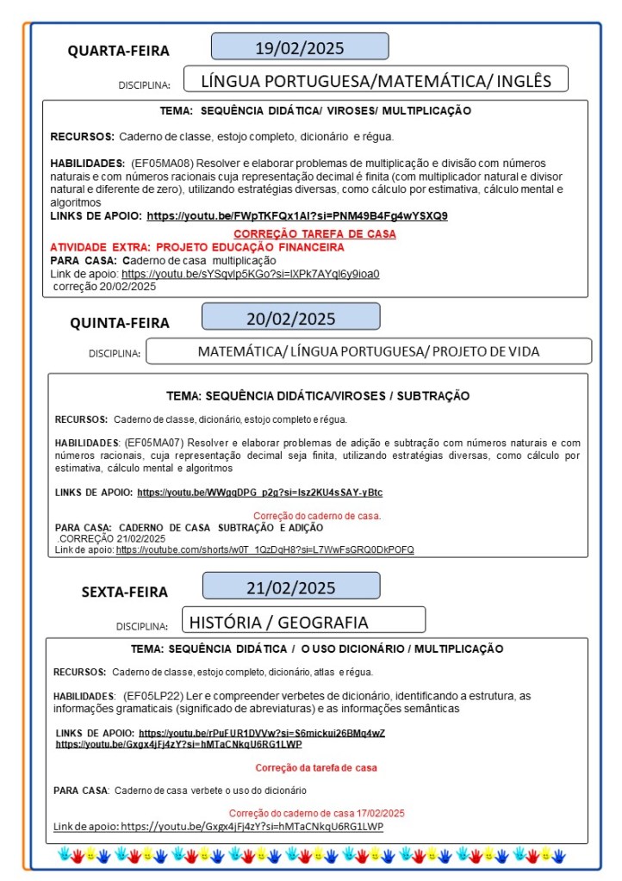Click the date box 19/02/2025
[300, 47]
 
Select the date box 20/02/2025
[291, 317]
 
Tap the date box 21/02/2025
[291, 587]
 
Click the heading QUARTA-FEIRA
[119, 51]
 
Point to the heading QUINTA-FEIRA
[120, 323]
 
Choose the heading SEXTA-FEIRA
[125, 592]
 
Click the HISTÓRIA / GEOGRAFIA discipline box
[304, 621]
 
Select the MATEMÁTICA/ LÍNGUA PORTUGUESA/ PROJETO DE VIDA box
[369, 351]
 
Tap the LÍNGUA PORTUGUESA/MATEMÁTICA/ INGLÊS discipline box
[376, 81]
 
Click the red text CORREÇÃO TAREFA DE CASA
[315, 233]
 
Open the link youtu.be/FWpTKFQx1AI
[297, 216]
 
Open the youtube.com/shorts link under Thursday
[265, 549]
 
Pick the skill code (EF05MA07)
[153, 443]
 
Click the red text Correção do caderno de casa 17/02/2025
[317, 813]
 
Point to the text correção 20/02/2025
[104, 287]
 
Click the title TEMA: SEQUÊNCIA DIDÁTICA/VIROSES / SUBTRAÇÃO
[318, 396]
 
